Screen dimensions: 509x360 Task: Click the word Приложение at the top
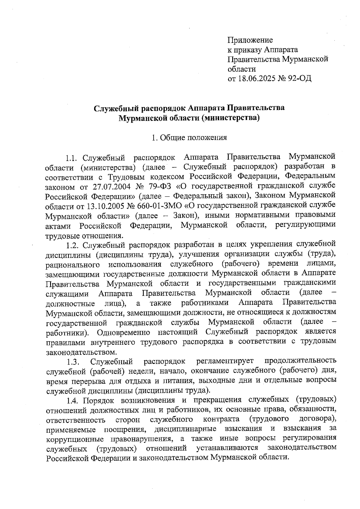click(x=250, y=40)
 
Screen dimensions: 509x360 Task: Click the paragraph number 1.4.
click(x=73, y=401)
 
